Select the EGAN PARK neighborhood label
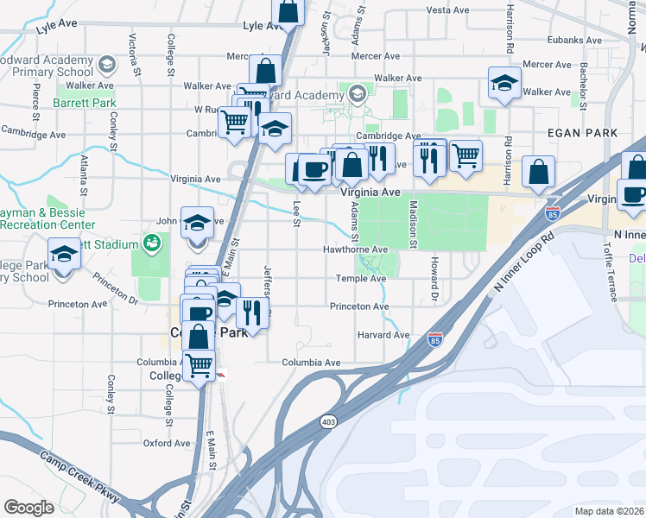583,133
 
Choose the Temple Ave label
361,279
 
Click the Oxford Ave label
167,443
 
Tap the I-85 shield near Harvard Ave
435,341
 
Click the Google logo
29,507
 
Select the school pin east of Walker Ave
504,84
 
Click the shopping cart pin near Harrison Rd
465,155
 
